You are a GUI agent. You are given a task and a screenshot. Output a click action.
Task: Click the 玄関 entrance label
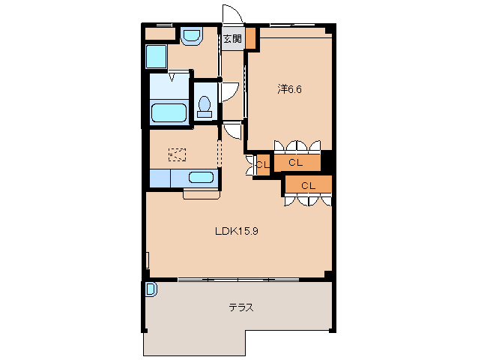232,39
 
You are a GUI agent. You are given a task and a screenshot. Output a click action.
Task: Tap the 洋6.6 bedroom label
289,89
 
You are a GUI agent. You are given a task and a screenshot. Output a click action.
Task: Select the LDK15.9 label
237,231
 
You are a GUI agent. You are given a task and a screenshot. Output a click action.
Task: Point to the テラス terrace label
241,307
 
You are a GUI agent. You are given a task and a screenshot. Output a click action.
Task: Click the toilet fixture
205,106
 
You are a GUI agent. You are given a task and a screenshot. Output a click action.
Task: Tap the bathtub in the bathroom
169,113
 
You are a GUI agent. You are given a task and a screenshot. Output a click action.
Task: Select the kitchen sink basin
201,178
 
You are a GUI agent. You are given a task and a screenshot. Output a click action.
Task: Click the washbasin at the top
192,36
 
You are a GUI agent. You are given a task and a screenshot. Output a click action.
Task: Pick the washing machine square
157,57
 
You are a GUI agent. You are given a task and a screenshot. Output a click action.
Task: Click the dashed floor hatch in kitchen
177,154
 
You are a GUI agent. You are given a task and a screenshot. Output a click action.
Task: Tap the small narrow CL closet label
263,165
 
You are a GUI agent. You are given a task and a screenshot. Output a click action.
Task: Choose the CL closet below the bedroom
295,163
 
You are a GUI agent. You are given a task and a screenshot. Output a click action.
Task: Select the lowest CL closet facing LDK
308,184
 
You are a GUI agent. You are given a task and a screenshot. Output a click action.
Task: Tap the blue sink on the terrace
151,289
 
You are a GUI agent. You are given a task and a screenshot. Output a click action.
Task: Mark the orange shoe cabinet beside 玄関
250,38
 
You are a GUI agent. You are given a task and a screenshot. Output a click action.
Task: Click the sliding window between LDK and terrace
238,280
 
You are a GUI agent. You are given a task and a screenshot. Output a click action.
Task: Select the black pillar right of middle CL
327,162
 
